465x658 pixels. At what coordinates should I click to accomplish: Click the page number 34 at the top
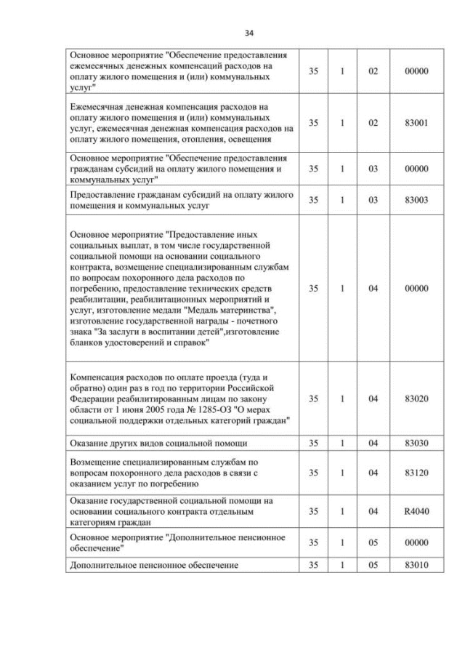248,33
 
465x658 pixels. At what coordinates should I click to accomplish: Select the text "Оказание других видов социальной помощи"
158,442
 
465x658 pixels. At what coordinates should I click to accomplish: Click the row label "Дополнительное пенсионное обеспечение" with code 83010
154,564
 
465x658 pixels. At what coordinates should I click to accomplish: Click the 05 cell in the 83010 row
373,564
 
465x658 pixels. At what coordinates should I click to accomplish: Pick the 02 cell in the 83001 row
373,123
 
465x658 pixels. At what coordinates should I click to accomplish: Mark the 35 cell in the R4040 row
313,511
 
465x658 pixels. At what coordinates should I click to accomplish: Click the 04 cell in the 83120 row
373,473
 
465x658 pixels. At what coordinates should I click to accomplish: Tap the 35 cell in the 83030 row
313,442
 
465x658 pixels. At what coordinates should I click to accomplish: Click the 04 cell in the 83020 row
373,398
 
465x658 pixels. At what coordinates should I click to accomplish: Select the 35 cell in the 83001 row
313,123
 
